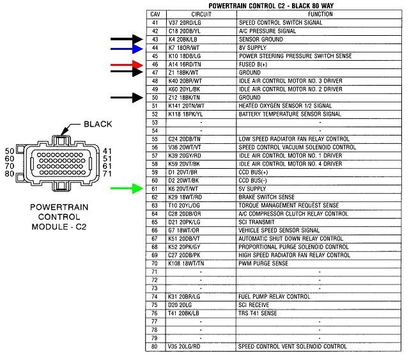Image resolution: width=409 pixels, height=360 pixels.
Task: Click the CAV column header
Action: pos(155,14)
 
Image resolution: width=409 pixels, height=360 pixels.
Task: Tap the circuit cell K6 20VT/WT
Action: pos(186,189)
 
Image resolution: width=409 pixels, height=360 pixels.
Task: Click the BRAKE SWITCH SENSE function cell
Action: pos(267,197)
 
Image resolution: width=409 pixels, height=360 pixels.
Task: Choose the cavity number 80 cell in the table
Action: pos(155,347)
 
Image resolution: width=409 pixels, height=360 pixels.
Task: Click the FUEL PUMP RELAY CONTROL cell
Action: pos(275,297)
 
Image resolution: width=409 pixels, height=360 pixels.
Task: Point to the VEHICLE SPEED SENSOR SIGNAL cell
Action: pos(279,230)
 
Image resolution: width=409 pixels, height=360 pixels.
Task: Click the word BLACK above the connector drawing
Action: pos(97,124)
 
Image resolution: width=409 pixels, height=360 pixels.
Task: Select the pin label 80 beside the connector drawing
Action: pos(10,173)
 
